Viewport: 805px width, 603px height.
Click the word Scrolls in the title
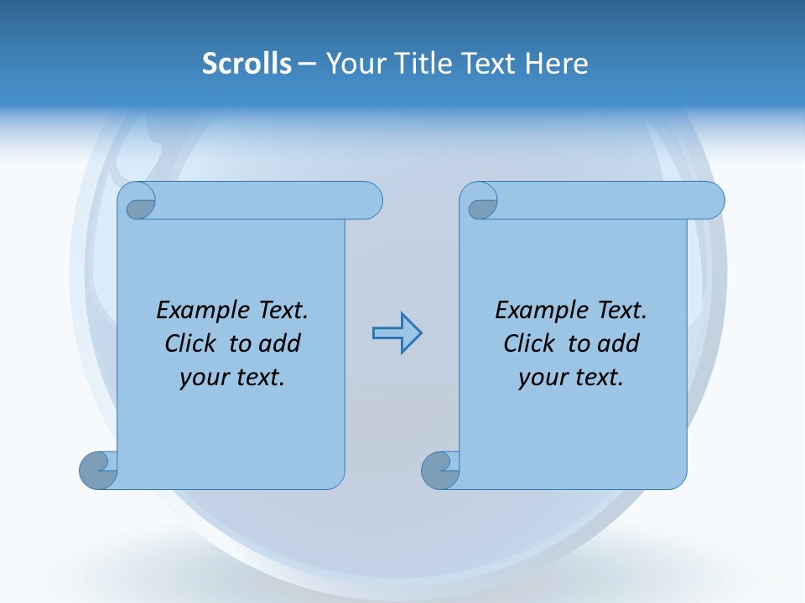[247, 64]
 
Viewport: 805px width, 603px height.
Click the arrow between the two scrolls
[397, 333]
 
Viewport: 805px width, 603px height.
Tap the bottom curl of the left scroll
[98, 470]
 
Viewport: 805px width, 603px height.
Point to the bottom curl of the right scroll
[440, 470]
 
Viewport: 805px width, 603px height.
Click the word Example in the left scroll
[204, 311]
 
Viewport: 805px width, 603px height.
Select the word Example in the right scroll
[543, 311]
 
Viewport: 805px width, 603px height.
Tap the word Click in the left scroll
[192, 343]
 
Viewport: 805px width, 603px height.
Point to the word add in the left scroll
[281, 343]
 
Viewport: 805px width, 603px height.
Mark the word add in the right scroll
[620, 343]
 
